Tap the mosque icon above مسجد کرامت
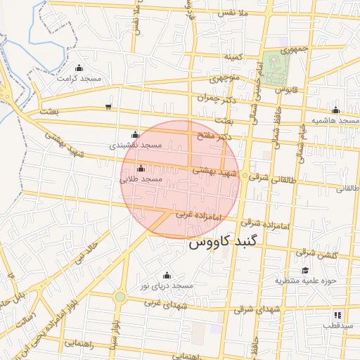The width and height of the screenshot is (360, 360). (x=79, y=68)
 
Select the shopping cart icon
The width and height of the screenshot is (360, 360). (x=108, y=107)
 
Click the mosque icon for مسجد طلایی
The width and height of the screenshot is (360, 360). (x=141, y=169)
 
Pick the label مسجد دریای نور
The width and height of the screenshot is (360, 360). (x=166, y=286)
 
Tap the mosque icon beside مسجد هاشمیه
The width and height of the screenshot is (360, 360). (x=335, y=110)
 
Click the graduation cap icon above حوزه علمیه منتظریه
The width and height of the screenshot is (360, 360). (x=305, y=271)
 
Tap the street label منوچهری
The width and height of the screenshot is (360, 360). (x=226, y=78)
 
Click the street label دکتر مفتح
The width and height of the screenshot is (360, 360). (x=214, y=136)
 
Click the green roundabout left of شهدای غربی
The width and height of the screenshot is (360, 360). (x=120, y=297)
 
